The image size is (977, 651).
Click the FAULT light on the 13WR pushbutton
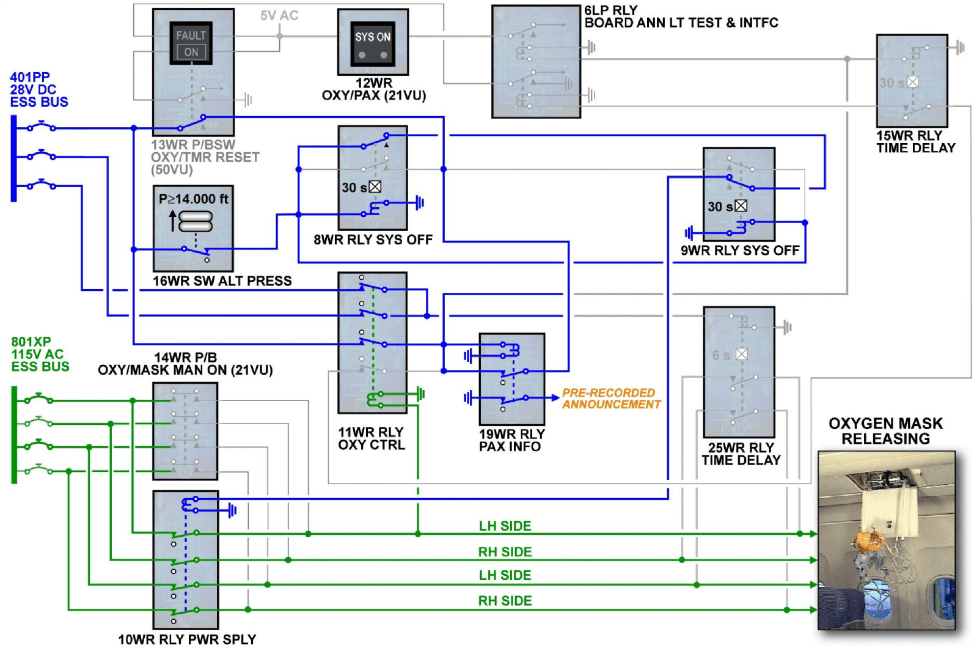tap(191, 35)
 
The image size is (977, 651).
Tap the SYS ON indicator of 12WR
tap(373, 37)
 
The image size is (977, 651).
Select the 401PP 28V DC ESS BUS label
tap(38, 90)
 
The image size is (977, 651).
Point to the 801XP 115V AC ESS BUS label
tap(40, 355)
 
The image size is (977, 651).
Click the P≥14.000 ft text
tap(193, 199)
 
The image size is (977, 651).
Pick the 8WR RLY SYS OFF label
tap(373, 240)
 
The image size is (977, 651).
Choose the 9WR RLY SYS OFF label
tap(740, 251)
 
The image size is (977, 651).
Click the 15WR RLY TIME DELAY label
tap(915, 142)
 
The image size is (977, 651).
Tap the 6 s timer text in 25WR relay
tap(721, 355)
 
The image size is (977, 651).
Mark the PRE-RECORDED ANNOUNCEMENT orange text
tap(611, 399)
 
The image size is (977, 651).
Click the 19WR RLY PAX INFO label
tap(511, 440)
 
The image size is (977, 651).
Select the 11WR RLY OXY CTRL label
tap(371, 439)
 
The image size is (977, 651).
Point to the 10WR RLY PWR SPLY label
tap(187, 639)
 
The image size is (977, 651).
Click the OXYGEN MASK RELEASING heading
tap(885, 431)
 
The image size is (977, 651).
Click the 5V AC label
tap(279, 16)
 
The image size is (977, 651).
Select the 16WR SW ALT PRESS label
tap(222, 281)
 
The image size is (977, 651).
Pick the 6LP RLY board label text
tap(681, 17)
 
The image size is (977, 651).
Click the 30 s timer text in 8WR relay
tap(354, 188)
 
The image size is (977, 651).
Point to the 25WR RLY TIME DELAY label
tap(741, 454)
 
